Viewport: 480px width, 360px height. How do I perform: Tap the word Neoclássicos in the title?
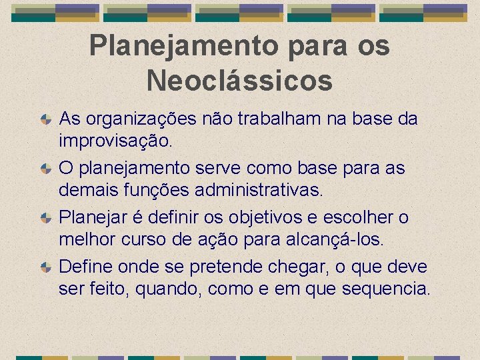tap(239, 81)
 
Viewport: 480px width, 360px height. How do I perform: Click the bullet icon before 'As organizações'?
tap(45, 120)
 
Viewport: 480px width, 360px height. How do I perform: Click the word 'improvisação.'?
tap(115, 141)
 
